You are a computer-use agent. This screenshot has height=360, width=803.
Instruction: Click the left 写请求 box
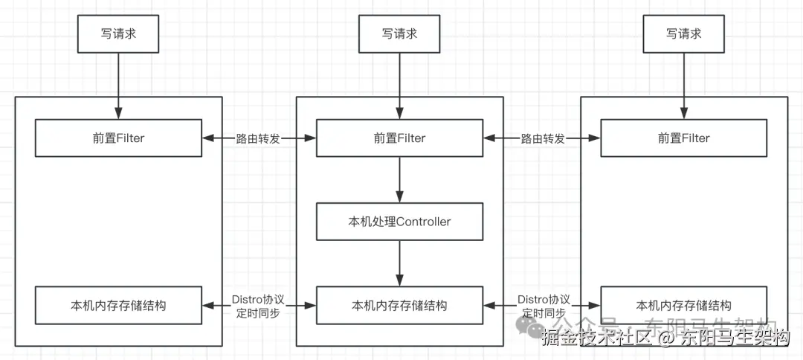pyautogui.click(x=119, y=33)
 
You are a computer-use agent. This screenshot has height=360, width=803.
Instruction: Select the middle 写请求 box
pyautogui.click(x=400, y=33)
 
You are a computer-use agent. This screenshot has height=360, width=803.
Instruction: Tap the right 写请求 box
pyautogui.click(x=683, y=33)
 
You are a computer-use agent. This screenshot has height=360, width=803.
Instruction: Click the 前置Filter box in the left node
pyautogui.click(x=119, y=138)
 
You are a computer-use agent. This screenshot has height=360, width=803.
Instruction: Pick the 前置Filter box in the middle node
pyautogui.click(x=400, y=138)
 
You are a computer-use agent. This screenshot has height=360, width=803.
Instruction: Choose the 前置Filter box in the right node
pyautogui.click(x=683, y=138)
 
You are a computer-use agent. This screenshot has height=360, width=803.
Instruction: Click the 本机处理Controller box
pyautogui.click(x=400, y=222)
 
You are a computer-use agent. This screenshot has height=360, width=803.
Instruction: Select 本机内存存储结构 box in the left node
pyautogui.click(x=119, y=306)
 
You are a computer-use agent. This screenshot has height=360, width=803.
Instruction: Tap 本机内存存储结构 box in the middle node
pyautogui.click(x=400, y=306)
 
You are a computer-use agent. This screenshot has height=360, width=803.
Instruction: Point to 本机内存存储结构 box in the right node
pyautogui.click(x=683, y=306)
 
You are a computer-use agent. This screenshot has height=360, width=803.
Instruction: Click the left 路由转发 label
pyautogui.click(x=258, y=138)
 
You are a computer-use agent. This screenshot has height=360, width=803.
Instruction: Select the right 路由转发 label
pyautogui.click(x=542, y=138)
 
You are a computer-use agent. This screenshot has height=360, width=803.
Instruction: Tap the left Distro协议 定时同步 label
pyautogui.click(x=258, y=306)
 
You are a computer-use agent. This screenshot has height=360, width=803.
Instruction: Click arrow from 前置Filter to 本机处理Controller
pyautogui.click(x=400, y=180)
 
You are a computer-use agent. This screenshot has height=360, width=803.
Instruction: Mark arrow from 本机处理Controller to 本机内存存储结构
pyautogui.click(x=400, y=263)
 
